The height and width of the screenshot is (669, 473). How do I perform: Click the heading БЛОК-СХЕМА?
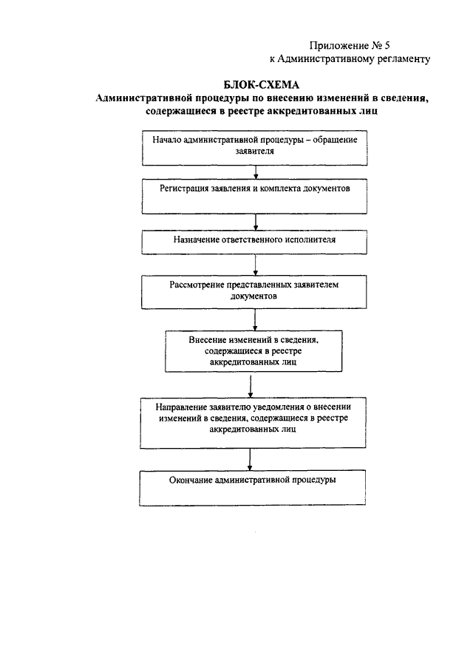pyautogui.click(x=262, y=84)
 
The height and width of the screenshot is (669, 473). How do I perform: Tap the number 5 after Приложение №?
pyautogui.click(x=387, y=45)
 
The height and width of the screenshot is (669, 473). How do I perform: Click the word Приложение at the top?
pyautogui.click(x=333, y=46)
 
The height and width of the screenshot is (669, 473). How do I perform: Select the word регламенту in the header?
pyautogui.click(x=404, y=59)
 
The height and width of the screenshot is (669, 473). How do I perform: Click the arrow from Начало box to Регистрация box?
pyautogui.click(x=256, y=172)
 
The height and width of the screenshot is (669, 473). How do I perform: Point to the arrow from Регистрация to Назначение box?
pyautogui.click(x=256, y=222)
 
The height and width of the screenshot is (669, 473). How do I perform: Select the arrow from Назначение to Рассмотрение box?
pyautogui.click(x=255, y=265)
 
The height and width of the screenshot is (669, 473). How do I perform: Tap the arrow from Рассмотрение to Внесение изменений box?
pyautogui.click(x=255, y=319)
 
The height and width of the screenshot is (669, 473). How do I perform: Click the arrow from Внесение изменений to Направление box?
pyautogui.click(x=251, y=387)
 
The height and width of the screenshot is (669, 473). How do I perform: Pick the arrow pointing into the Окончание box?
pyautogui.click(x=250, y=459)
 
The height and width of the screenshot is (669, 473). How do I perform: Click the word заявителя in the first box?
pyautogui.click(x=255, y=151)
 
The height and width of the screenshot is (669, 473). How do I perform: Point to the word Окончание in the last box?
pyautogui.click(x=191, y=480)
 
